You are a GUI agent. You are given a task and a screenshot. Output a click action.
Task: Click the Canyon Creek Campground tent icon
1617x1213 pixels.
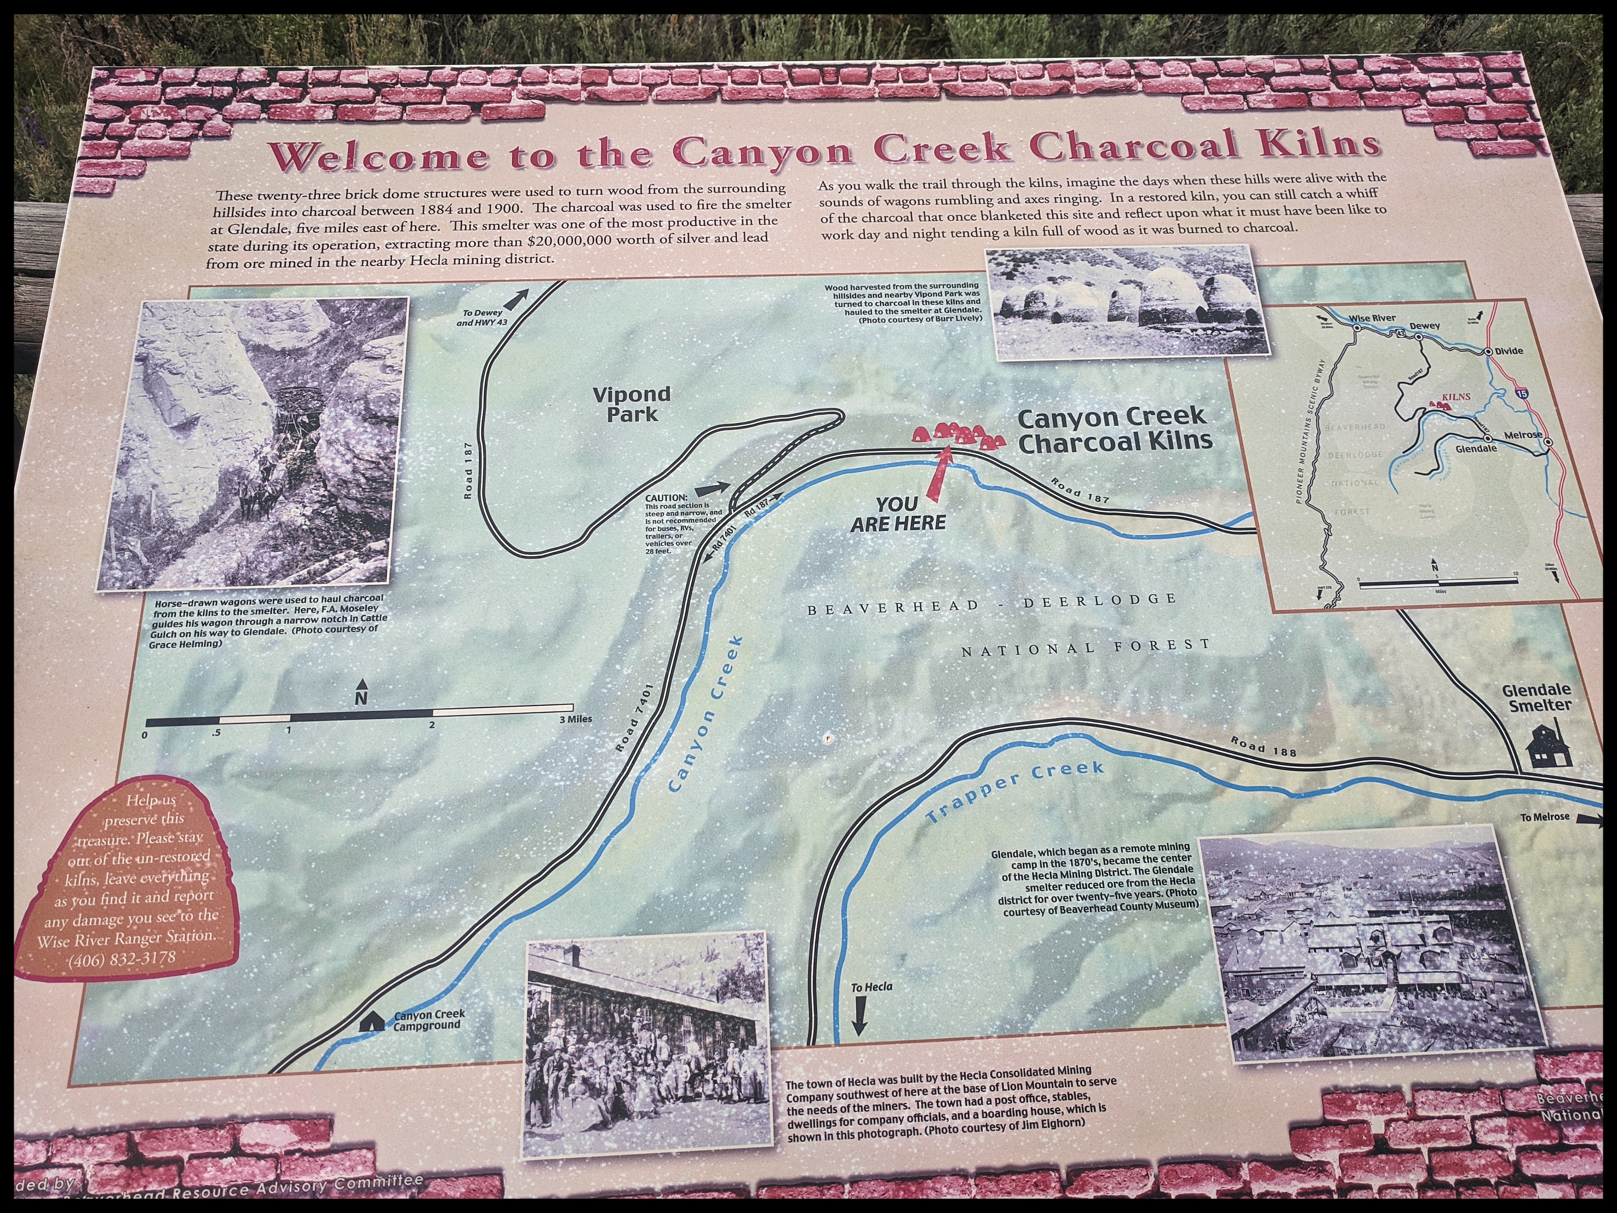[371, 1021]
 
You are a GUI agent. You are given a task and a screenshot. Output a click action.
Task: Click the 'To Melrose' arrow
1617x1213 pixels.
[1588, 819]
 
